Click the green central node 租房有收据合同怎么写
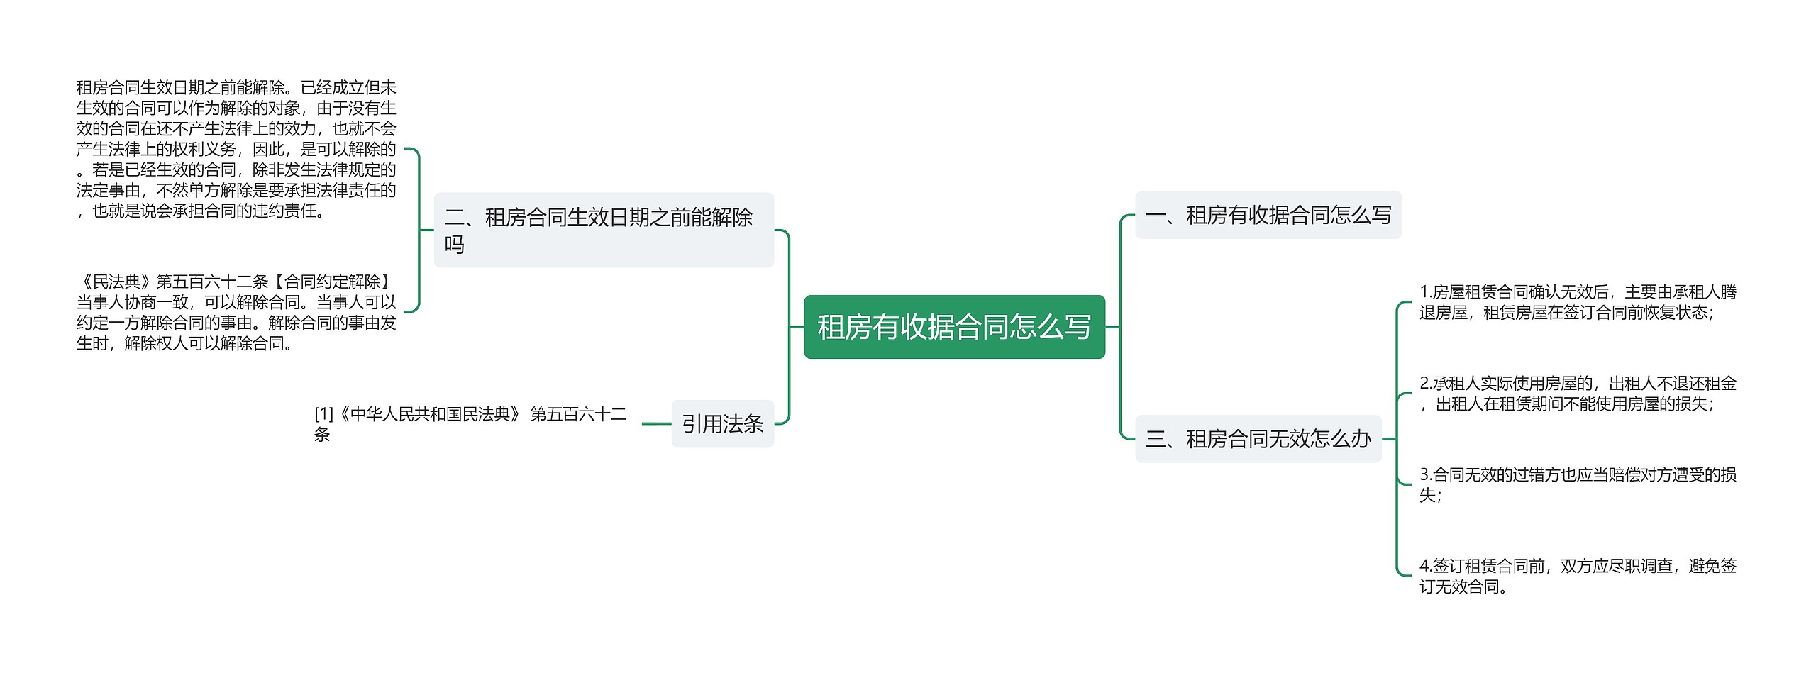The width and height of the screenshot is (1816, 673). (x=954, y=327)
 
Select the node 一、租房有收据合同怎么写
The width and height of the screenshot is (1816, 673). (x=1268, y=215)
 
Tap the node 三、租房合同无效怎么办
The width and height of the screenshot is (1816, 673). (x=1258, y=439)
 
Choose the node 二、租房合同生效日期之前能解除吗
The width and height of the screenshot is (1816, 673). (x=604, y=230)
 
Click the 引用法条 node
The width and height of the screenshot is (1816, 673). (x=722, y=424)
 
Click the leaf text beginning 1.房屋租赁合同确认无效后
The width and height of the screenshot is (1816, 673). (x=1577, y=302)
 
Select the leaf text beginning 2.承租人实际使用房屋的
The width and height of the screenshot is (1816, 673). (x=1577, y=394)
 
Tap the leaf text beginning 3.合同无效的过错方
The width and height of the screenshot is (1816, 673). (x=1577, y=484)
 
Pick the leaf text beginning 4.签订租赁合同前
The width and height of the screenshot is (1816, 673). (x=1577, y=576)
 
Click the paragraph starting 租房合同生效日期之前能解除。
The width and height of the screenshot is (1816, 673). (x=236, y=149)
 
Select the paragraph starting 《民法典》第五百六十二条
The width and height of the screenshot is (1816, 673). (x=236, y=312)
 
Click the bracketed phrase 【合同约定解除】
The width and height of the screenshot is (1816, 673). (x=332, y=282)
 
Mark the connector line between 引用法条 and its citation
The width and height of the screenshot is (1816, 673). (x=656, y=424)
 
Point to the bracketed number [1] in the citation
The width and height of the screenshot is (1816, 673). (x=323, y=414)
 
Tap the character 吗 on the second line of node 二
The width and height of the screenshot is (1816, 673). (x=454, y=245)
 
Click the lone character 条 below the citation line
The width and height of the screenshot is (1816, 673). (x=322, y=435)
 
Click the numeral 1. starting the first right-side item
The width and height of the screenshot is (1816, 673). (x=1425, y=292)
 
